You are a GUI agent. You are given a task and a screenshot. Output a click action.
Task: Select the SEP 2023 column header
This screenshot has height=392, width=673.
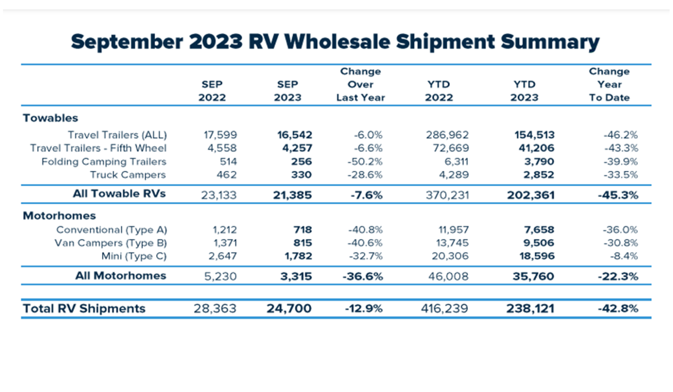(287, 91)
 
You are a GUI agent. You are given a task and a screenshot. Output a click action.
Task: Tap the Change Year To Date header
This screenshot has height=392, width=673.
(609, 85)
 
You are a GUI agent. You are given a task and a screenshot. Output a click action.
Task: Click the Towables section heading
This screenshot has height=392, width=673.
(50, 118)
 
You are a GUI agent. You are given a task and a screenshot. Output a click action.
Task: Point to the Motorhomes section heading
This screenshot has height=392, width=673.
(59, 215)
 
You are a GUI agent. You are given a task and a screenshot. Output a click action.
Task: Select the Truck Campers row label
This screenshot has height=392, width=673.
(128, 175)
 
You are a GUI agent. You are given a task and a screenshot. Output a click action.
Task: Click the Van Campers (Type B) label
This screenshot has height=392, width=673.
(110, 243)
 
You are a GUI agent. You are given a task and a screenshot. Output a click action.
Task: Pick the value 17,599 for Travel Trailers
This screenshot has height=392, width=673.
(220, 135)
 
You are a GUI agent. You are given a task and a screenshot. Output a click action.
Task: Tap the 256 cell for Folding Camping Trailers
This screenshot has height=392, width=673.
(301, 162)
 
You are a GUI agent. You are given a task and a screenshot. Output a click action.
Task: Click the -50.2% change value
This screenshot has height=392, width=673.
(365, 162)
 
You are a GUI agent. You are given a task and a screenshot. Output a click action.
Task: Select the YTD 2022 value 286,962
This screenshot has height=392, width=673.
(447, 135)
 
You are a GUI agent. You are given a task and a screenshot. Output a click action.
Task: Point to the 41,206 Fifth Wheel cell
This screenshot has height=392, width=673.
(536, 148)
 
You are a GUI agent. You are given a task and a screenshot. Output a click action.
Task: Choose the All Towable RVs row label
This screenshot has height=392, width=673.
(119, 194)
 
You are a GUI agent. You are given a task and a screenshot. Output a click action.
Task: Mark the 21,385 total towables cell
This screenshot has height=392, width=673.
(292, 195)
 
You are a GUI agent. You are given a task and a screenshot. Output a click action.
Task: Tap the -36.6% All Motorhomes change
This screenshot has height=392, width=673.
(363, 276)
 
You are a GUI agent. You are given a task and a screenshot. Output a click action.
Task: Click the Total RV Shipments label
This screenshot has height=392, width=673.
(84, 308)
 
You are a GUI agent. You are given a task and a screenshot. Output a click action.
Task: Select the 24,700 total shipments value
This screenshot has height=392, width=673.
(289, 308)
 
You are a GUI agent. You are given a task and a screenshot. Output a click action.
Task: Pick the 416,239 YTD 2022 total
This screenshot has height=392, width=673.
(444, 308)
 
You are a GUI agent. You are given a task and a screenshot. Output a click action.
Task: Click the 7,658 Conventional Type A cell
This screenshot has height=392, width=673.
(539, 230)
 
